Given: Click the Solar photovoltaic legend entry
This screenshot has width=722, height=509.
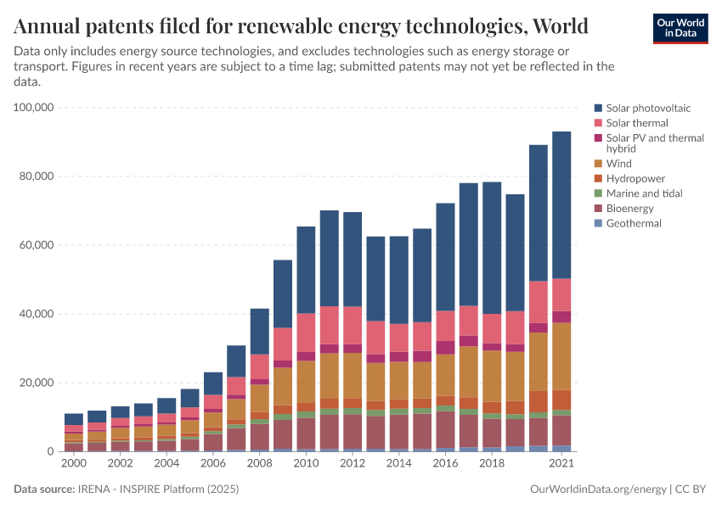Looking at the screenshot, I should pos(642,108).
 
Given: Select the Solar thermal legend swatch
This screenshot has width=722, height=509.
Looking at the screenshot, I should pos(599,123).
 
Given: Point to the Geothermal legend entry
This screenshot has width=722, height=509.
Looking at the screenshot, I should pos(633,223).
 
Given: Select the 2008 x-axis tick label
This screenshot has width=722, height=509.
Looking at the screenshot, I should pos(259,464).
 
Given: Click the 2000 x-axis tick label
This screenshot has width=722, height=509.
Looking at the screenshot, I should pos(74,464).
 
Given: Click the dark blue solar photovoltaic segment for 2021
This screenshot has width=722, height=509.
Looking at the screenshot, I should pos(561,204).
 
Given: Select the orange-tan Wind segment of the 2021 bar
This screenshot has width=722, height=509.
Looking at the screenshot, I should pos(561,356).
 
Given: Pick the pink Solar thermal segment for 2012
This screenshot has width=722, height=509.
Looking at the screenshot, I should pos(353,325).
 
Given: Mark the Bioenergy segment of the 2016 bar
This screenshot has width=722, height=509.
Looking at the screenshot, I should pos(445,429).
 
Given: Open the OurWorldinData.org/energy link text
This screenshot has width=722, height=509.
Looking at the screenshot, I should pos(598,489).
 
